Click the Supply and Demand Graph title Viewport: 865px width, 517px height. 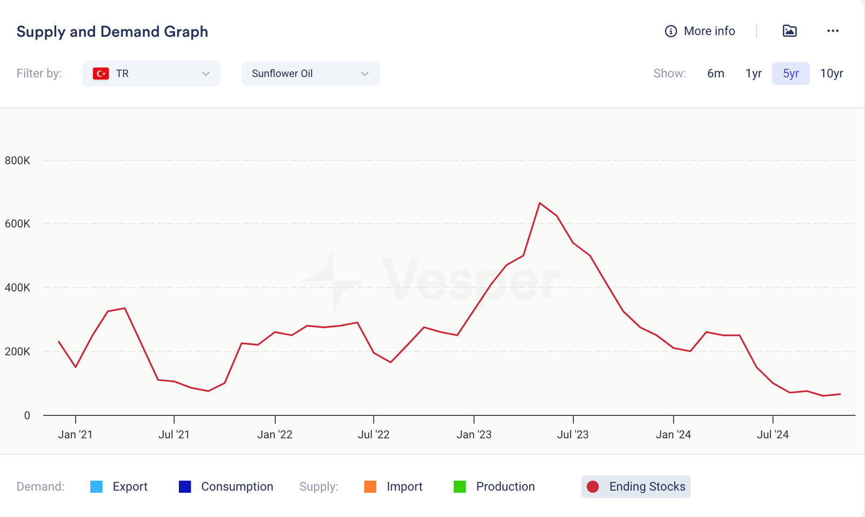pyautogui.click(x=112, y=32)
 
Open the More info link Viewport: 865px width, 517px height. pyautogui.click(x=700, y=31)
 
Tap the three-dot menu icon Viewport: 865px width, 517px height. pyautogui.click(x=833, y=31)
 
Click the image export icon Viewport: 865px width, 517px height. pyautogui.click(x=789, y=31)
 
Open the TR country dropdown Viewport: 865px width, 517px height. pyautogui.click(x=151, y=74)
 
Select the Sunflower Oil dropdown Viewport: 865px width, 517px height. pyautogui.click(x=310, y=74)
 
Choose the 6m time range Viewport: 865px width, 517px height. pyautogui.click(x=715, y=74)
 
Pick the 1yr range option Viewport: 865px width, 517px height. pyautogui.click(x=753, y=74)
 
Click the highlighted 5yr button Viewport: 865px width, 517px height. pyautogui.click(x=790, y=74)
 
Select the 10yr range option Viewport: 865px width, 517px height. pyautogui.click(x=831, y=74)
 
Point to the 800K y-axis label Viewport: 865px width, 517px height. pyautogui.click(x=17, y=161)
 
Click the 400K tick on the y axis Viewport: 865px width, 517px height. pyautogui.click(x=17, y=288)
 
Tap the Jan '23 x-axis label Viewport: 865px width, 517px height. pyautogui.click(x=474, y=435)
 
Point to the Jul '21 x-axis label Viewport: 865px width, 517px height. pyautogui.click(x=174, y=435)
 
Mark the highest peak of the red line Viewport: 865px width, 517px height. pyautogui.click(x=540, y=203)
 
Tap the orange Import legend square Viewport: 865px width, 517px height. pyautogui.click(x=370, y=487)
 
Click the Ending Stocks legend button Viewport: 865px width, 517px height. pyautogui.click(x=636, y=487)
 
